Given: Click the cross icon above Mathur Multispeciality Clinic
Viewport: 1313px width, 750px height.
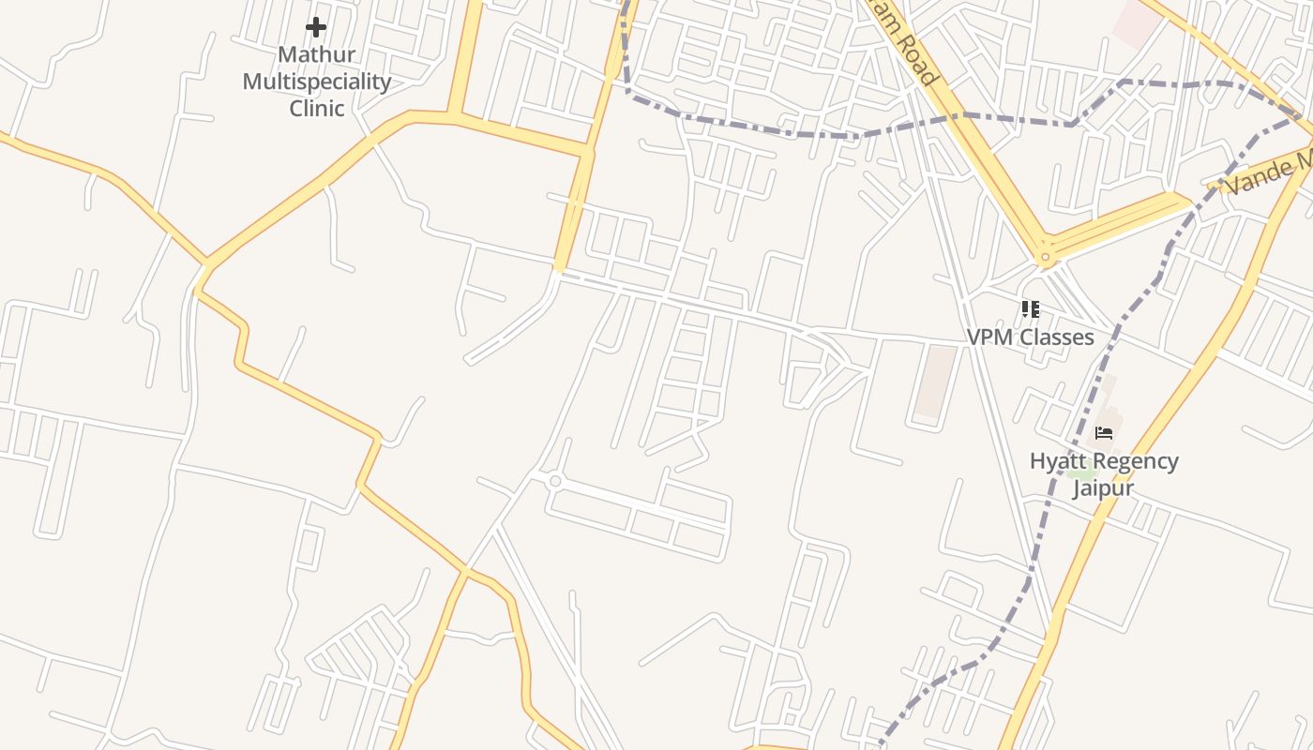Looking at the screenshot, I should click(x=316, y=27).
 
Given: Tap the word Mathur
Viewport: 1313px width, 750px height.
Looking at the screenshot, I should click(x=317, y=54).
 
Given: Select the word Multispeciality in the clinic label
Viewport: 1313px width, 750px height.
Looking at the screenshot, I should click(x=317, y=82).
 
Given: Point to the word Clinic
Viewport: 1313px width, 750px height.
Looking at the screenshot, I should click(x=317, y=108).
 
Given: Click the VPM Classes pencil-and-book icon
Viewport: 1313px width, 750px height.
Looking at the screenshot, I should click(x=1030, y=308).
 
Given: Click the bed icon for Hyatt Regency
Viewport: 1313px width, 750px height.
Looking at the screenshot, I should click(x=1104, y=432).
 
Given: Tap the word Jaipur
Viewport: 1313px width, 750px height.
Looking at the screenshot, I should click(x=1103, y=488).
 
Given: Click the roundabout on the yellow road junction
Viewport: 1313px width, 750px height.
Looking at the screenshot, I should click(x=1044, y=257).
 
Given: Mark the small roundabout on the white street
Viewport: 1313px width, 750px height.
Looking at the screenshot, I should click(x=555, y=481).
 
